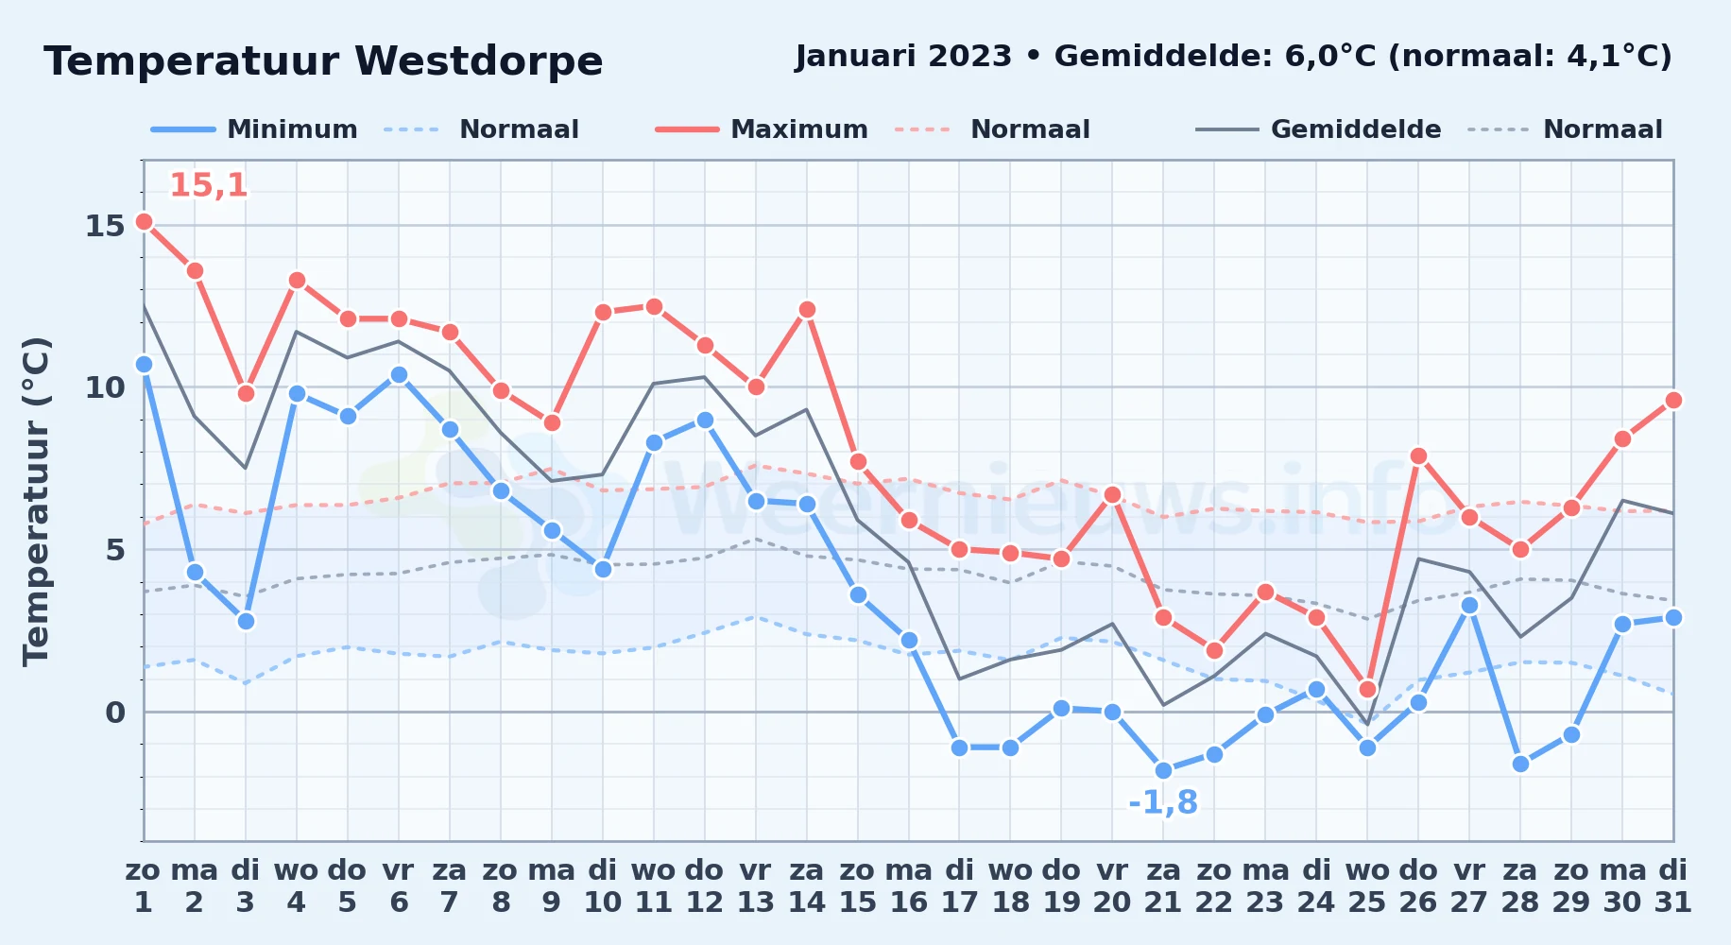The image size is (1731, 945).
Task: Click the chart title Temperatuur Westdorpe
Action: (x=323, y=62)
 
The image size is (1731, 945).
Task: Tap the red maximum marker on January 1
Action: (x=144, y=222)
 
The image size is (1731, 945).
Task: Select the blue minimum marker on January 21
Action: (x=1163, y=770)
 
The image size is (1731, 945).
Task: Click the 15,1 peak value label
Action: (x=209, y=185)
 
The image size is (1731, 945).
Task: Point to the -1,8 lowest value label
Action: (x=1163, y=802)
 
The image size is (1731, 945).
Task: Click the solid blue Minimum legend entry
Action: (x=254, y=129)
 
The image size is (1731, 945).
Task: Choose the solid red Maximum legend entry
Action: (x=762, y=129)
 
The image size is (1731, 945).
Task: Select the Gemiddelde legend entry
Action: (x=1318, y=129)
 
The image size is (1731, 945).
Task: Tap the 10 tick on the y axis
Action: (x=105, y=387)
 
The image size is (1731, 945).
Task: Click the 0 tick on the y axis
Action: (x=115, y=713)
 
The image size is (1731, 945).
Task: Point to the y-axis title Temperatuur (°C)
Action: (x=36, y=501)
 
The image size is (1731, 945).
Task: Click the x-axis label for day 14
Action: (x=806, y=886)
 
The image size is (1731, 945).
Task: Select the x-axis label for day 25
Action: (x=1367, y=886)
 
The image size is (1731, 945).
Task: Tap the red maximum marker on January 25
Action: (x=1367, y=689)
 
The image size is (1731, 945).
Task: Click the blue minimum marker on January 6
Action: (x=399, y=374)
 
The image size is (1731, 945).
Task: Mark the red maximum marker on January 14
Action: (x=806, y=310)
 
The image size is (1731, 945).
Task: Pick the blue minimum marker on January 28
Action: (x=1520, y=764)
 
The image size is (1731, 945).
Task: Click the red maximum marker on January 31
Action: (x=1673, y=401)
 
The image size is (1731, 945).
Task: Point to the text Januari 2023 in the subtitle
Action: (x=903, y=57)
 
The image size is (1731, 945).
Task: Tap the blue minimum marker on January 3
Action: (x=246, y=621)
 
